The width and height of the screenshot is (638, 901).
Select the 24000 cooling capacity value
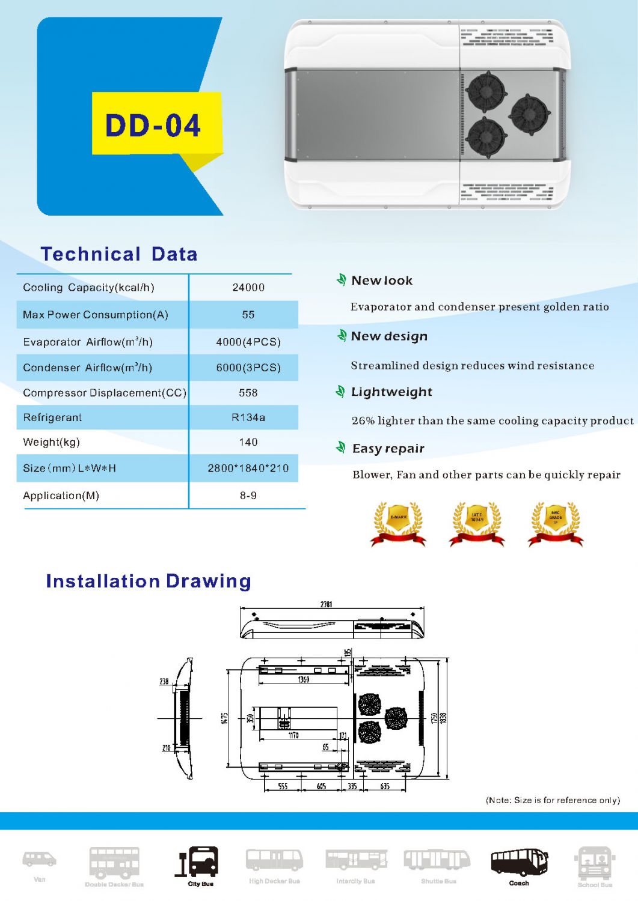pyautogui.click(x=248, y=287)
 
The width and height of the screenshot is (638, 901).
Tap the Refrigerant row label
pyautogui.click(x=52, y=417)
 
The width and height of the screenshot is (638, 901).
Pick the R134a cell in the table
pyautogui.click(x=248, y=417)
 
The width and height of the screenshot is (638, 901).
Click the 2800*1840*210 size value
pyautogui.click(x=248, y=468)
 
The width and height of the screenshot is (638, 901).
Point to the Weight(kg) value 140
pyautogui.click(x=248, y=442)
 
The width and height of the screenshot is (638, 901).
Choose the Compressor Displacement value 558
pyautogui.click(x=248, y=393)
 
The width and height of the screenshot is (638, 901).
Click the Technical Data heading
pyautogui.click(x=119, y=254)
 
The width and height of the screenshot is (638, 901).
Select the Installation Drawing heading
pyautogui.click(x=149, y=581)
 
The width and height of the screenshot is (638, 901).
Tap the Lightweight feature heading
pyautogui.click(x=391, y=392)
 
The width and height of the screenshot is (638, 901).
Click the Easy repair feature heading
pyautogui.click(x=388, y=449)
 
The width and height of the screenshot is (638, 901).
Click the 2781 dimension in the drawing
pyautogui.click(x=326, y=604)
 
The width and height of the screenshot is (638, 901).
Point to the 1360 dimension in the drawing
pyautogui.click(x=304, y=679)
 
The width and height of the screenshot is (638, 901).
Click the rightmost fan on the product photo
pyautogui.click(x=529, y=114)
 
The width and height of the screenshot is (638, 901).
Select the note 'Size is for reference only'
pyautogui.click(x=553, y=800)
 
